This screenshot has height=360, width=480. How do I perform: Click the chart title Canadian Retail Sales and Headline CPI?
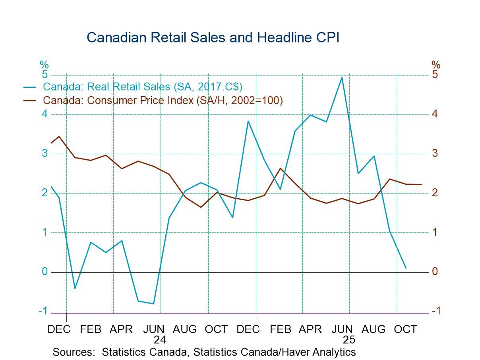tap(213, 37)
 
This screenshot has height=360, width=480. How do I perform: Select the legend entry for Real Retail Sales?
tap(142, 87)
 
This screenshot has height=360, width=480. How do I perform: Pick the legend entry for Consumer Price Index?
tap(163, 101)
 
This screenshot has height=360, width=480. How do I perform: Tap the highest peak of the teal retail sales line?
tap(342, 77)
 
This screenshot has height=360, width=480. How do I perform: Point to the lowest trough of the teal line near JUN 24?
tap(153, 304)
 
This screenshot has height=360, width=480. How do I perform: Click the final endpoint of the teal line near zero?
tap(406, 268)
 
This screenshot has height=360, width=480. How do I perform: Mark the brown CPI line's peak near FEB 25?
tap(280, 168)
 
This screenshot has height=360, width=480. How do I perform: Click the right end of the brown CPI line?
tap(421, 184)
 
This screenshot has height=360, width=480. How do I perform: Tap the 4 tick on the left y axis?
tap(45, 114)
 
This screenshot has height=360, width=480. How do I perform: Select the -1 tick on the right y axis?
tap(436, 311)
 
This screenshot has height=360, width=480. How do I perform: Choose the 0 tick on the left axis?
tap(45, 272)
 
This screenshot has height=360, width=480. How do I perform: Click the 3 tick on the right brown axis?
tap(435, 153)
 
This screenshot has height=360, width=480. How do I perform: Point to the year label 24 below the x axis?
tap(159, 340)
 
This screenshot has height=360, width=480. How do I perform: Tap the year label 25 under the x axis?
tap(349, 340)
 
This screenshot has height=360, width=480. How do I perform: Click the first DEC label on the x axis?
tap(59, 329)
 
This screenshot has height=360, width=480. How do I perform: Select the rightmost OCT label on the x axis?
tap(405, 329)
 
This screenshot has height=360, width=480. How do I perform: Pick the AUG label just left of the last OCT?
tap(374, 329)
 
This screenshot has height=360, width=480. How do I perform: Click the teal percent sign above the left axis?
tap(44, 65)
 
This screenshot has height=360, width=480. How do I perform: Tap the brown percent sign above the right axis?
tap(436, 65)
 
